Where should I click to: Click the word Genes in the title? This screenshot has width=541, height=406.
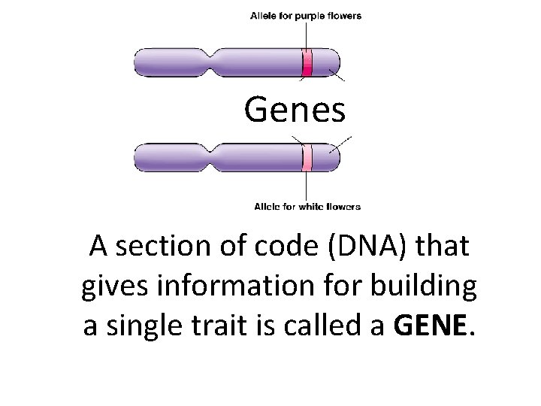tap(295, 111)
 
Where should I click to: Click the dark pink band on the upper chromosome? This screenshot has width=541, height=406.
tap(307, 62)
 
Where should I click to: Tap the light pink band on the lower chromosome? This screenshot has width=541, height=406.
tap(307, 157)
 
